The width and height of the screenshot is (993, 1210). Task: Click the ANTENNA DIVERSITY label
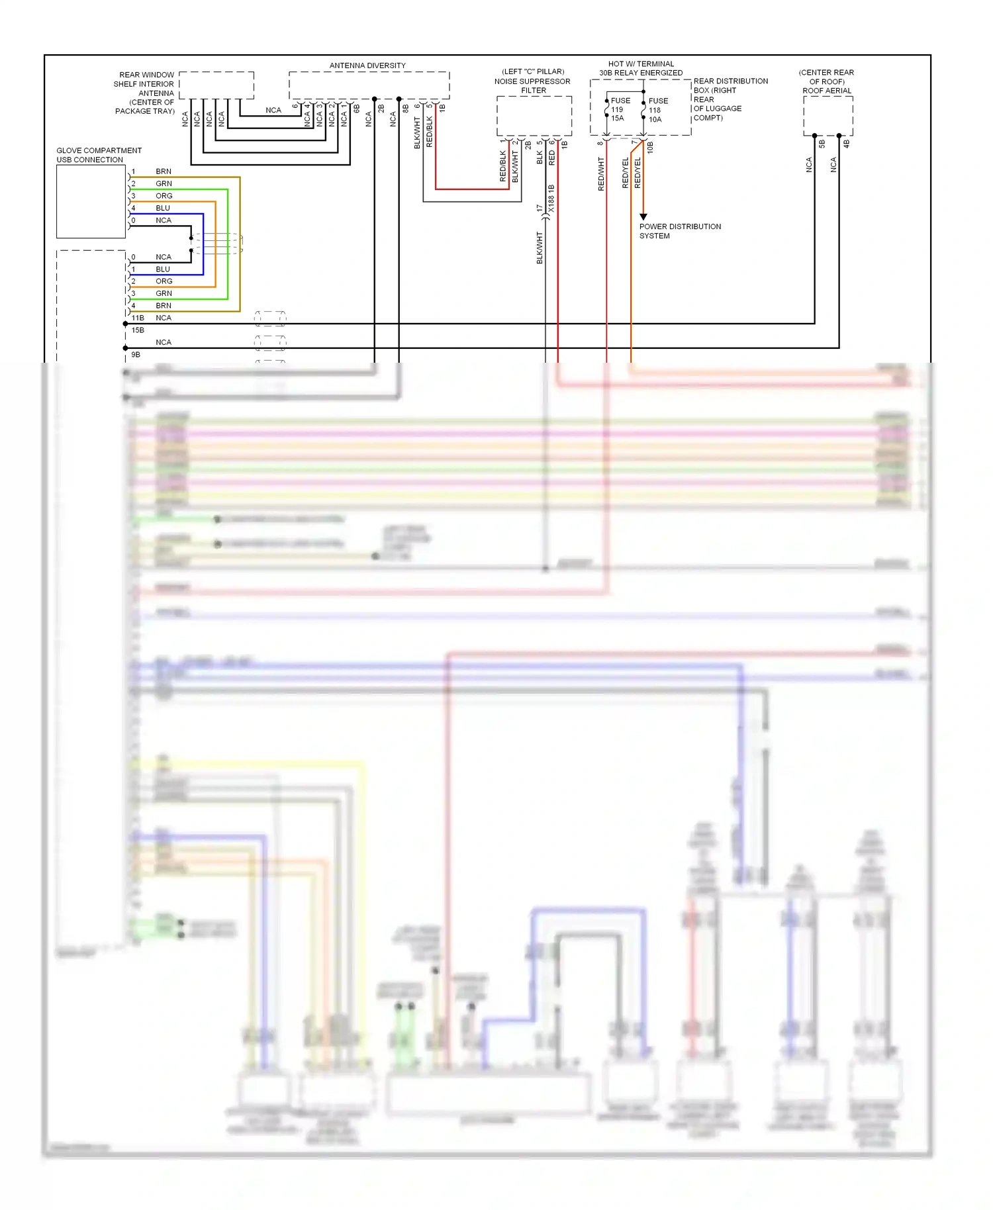pos(367,66)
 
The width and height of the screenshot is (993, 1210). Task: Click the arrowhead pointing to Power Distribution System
pos(643,216)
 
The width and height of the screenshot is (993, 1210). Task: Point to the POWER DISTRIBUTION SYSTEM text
pos(679,231)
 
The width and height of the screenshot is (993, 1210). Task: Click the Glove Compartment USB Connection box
pos(91,201)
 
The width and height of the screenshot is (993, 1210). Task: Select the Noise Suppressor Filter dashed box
pos(534,116)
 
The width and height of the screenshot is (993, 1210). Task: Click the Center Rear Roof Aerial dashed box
pos(827,115)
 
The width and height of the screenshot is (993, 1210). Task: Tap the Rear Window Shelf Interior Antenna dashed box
pos(216,85)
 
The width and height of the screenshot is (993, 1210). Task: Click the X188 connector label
pos(551,199)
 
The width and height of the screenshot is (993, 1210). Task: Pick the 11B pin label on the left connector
pos(138,318)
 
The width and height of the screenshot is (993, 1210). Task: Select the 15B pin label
pos(138,330)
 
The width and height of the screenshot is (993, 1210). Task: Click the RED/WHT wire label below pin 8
pos(601,174)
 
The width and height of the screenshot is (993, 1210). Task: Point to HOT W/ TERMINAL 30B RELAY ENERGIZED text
pos(641,68)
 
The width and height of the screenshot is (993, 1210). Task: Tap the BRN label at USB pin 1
pos(164,171)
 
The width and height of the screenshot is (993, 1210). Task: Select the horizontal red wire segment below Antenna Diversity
pos(472,189)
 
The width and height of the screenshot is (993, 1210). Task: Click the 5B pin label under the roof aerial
pos(822,143)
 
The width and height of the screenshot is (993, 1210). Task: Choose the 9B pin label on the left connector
pos(136,354)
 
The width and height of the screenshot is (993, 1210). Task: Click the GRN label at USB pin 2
pos(164,183)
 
